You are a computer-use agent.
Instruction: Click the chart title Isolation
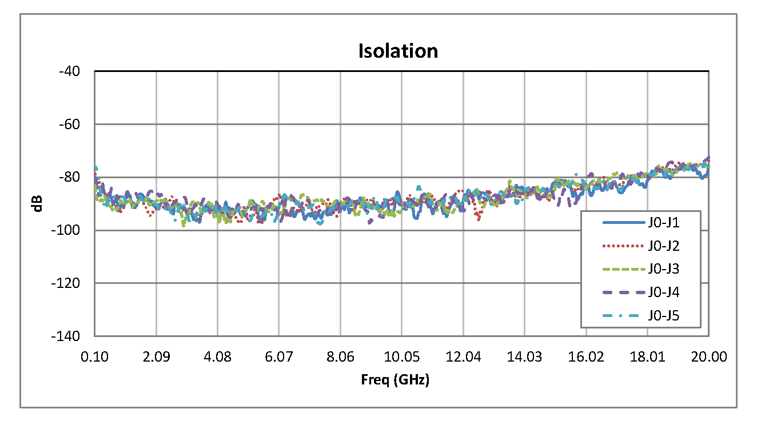click(398, 51)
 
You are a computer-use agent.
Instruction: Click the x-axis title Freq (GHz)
click(395, 380)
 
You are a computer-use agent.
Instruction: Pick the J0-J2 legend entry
click(664, 246)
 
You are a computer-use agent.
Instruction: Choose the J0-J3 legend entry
click(664, 269)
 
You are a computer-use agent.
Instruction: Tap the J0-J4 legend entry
click(664, 292)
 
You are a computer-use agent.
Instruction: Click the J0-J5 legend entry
click(664, 315)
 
